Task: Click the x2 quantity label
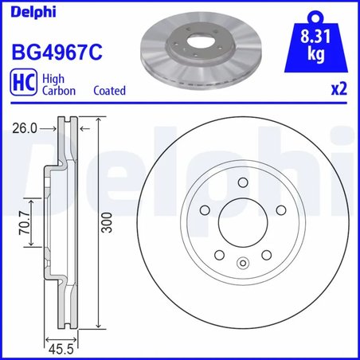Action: coord(339,90)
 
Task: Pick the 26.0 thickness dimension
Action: coord(25,126)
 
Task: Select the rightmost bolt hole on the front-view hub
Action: coord(282,212)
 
